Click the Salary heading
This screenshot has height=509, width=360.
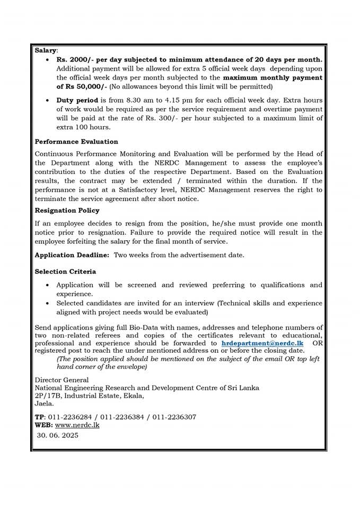click(x=45, y=50)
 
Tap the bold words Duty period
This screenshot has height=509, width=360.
click(x=77, y=100)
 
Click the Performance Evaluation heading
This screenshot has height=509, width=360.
click(x=76, y=142)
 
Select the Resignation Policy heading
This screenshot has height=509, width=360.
click(x=67, y=210)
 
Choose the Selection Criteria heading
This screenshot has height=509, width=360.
click(x=65, y=271)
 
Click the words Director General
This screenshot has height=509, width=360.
click(x=62, y=380)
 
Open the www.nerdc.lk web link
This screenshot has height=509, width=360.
click(x=77, y=425)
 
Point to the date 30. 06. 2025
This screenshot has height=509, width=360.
click(x=57, y=435)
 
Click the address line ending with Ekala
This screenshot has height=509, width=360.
click(x=89, y=396)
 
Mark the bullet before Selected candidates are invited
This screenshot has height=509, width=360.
click(x=48, y=303)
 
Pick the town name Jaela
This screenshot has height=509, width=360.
click(x=45, y=403)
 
